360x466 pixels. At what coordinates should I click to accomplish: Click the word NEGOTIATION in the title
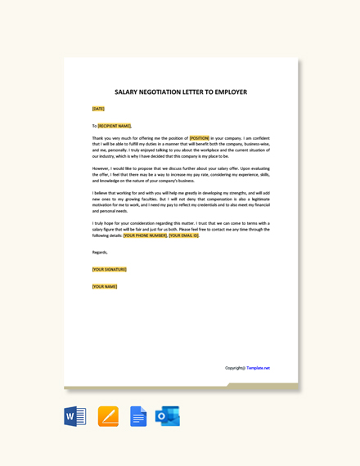tap(164, 92)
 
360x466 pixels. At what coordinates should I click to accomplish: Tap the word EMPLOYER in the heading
tap(228, 92)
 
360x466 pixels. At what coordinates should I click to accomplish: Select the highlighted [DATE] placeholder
tap(98, 109)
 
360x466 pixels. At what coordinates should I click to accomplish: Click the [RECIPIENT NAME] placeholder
tap(115, 126)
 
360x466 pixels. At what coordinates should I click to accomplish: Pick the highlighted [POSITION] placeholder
tap(200, 138)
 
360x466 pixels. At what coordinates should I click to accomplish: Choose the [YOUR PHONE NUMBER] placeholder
tap(145, 235)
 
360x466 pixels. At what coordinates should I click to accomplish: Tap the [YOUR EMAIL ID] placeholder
tap(184, 235)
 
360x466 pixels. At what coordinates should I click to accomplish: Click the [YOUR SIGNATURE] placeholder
tap(109, 269)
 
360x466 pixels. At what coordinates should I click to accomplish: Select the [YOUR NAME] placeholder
tap(105, 286)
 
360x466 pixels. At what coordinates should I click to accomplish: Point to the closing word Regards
tap(100, 252)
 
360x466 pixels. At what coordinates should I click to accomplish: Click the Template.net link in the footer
tap(259, 368)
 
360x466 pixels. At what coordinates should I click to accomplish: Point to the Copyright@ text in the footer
tap(235, 368)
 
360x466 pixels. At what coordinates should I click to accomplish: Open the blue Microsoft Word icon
tap(75, 416)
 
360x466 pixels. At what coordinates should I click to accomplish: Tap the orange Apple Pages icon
tap(108, 416)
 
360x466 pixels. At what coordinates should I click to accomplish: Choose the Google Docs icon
tap(138, 416)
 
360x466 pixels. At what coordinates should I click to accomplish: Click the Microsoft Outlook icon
tap(168, 416)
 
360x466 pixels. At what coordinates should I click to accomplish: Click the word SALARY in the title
tap(127, 92)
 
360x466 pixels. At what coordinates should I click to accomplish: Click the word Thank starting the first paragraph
tap(98, 138)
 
